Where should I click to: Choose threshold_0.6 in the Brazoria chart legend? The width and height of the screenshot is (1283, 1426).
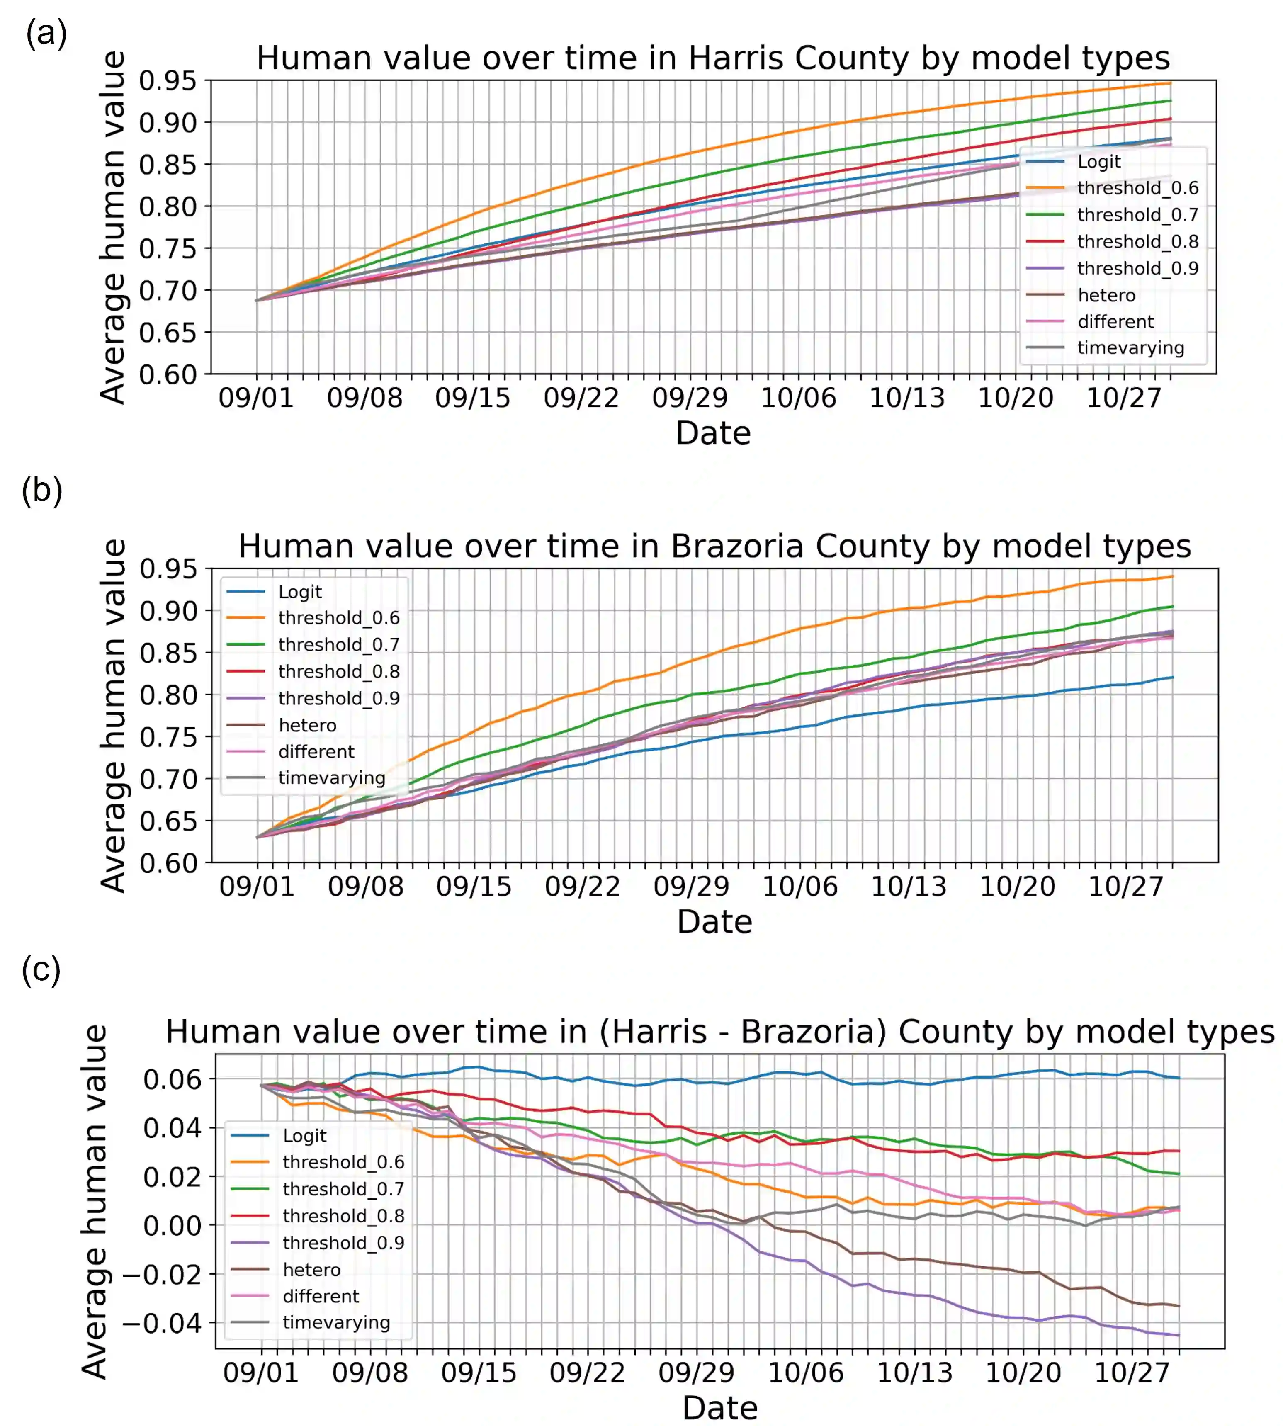coord(338,618)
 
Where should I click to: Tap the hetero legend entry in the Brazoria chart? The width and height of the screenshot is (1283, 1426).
coord(307,725)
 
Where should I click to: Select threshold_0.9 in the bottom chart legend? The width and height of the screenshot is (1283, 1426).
coord(343,1243)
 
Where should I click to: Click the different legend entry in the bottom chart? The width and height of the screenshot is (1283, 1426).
coord(321,1296)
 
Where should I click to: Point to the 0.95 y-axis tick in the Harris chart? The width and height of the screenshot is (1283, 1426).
coord(167,81)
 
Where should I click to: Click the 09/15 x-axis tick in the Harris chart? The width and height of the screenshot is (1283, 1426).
coord(472,398)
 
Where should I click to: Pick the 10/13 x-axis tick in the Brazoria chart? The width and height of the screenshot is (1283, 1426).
coord(908,886)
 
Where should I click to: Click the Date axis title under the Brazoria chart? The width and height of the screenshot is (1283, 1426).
coord(714,921)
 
